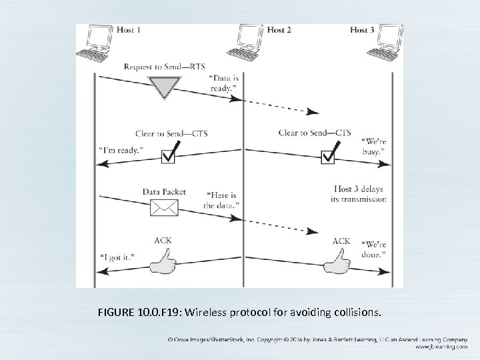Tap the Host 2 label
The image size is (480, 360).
coord(279,30)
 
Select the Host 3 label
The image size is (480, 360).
coord(363,30)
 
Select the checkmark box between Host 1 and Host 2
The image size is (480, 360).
coord(169,156)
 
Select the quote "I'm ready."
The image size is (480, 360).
coord(120,151)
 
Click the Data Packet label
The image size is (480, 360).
coord(164,191)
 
